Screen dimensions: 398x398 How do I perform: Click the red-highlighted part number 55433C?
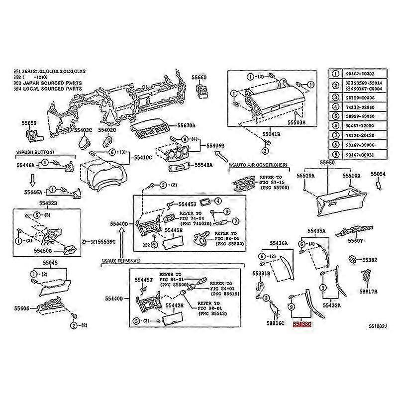click(x=302, y=324)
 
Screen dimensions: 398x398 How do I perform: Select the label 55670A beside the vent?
click(x=187, y=125)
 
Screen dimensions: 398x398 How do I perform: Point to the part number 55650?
click(x=29, y=122)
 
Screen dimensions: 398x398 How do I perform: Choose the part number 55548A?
click(x=203, y=165)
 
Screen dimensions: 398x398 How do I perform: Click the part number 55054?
click(x=378, y=174)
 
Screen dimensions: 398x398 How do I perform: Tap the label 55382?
click(x=370, y=260)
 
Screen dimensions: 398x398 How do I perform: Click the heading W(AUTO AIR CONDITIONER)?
click(x=258, y=164)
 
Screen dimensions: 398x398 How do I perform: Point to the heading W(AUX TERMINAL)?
click(x=120, y=261)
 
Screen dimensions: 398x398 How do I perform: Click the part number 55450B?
click(x=44, y=251)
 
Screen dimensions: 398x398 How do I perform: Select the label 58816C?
click(x=275, y=324)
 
